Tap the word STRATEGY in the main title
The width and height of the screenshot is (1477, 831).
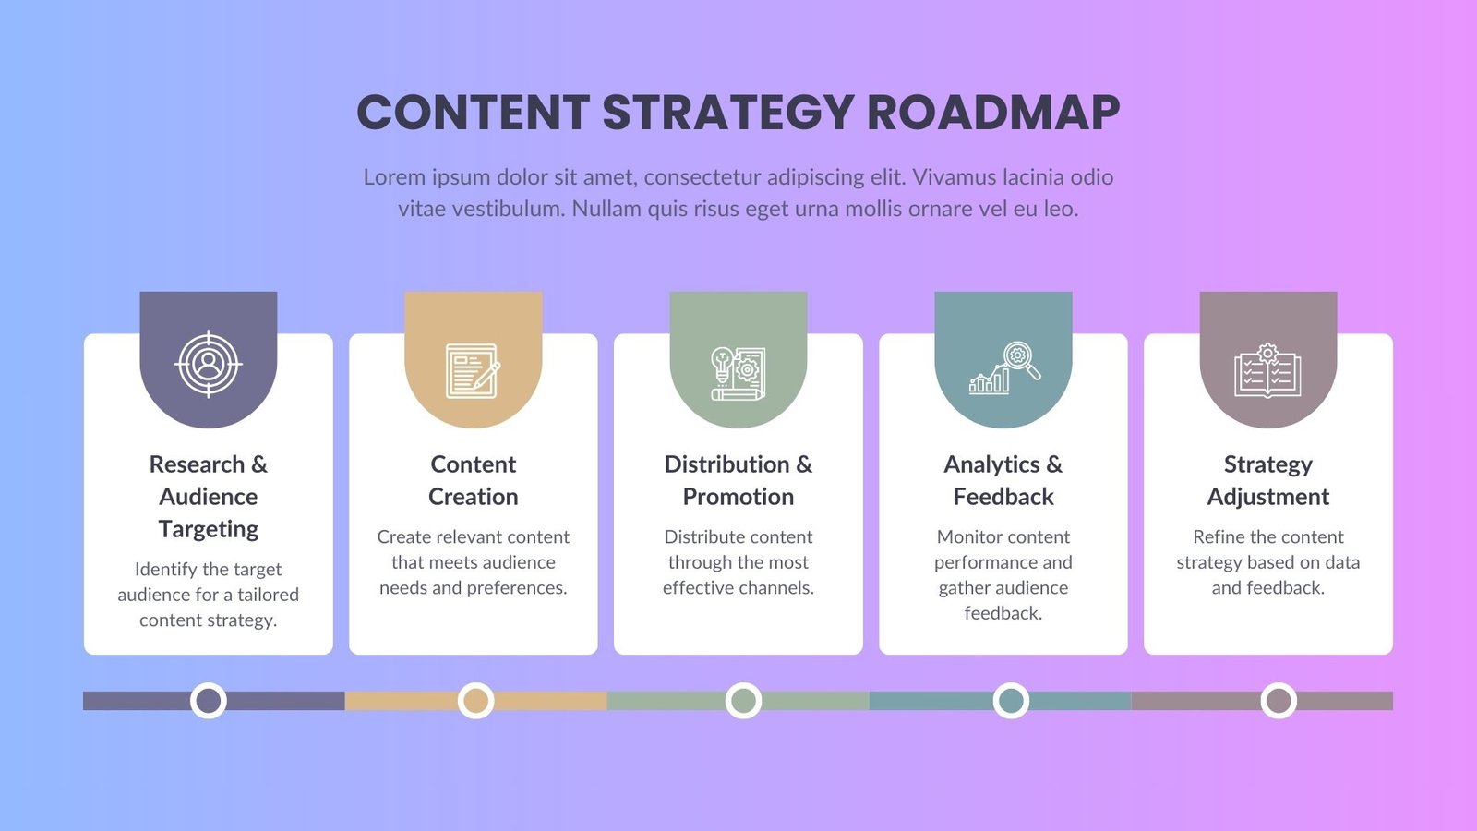727,113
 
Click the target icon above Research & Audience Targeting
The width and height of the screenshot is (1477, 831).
209,364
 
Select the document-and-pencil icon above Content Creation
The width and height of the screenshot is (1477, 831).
473,370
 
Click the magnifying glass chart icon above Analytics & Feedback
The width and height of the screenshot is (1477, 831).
1004,367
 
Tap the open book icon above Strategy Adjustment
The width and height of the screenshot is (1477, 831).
1267,371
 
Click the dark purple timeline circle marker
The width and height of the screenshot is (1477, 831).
209,701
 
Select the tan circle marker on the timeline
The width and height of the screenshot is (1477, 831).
475,701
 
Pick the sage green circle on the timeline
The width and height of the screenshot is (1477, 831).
743,701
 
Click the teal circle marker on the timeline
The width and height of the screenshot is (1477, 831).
1011,701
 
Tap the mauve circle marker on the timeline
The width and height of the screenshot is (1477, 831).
1279,701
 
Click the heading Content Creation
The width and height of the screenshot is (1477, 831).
473,480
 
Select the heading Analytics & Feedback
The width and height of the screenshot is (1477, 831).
1003,480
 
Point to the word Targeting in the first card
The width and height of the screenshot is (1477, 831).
209,529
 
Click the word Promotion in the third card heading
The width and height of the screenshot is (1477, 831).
738,497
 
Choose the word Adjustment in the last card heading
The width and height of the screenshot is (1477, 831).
1268,497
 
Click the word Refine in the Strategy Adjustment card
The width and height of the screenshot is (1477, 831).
1220,537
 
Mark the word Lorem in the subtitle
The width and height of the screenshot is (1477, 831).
394,177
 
